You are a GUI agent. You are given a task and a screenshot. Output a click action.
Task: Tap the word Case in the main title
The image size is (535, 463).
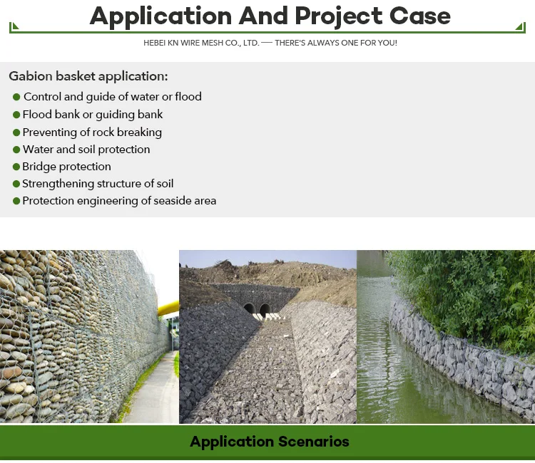click(x=419, y=16)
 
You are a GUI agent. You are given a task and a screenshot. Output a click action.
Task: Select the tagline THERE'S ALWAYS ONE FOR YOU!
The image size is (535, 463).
click(x=336, y=43)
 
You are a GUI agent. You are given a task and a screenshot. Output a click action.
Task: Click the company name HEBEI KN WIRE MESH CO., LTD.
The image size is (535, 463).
click(x=200, y=43)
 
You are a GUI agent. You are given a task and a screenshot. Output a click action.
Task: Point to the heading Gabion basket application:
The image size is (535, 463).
click(x=88, y=76)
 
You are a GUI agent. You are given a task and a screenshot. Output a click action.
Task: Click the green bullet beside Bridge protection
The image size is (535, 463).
click(x=16, y=167)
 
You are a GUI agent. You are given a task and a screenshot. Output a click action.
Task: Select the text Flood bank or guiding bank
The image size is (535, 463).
click(x=93, y=114)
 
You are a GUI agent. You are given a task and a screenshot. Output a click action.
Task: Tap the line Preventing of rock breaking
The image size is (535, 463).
click(x=92, y=132)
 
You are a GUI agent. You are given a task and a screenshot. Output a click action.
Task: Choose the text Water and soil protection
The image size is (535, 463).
click(x=86, y=149)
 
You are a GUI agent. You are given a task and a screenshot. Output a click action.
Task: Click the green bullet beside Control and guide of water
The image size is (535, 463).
click(x=16, y=97)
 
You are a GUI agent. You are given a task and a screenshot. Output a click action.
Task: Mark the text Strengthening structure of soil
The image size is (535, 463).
click(x=98, y=183)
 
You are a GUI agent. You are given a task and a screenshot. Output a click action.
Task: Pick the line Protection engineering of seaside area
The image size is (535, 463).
click(x=119, y=201)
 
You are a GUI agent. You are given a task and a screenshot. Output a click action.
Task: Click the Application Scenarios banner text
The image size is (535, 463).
click(x=270, y=442)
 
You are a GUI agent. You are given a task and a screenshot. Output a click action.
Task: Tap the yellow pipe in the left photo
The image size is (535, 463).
click(x=168, y=308)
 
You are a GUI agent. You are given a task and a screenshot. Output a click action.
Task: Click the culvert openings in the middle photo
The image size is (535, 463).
click(x=257, y=310)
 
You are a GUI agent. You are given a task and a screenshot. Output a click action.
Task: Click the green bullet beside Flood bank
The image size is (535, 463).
click(x=16, y=115)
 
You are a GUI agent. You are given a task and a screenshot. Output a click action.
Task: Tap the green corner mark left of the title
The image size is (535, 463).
click(x=14, y=28)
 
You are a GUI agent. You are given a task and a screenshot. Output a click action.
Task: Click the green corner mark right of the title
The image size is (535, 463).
click(x=520, y=28)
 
